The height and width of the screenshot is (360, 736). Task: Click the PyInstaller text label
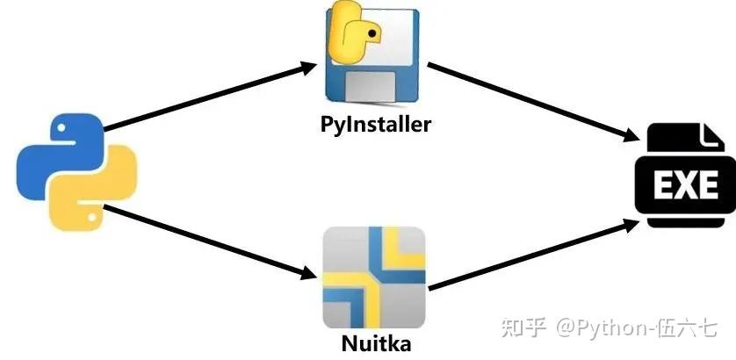coord(375,124)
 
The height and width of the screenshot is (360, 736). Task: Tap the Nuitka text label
coord(375,342)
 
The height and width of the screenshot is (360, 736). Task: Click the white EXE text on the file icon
coord(686,184)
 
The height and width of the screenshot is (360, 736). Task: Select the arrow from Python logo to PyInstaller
coord(211,97)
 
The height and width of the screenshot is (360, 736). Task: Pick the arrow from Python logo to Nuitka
coord(211,241)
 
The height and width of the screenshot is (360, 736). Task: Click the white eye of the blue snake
coord(59,130)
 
